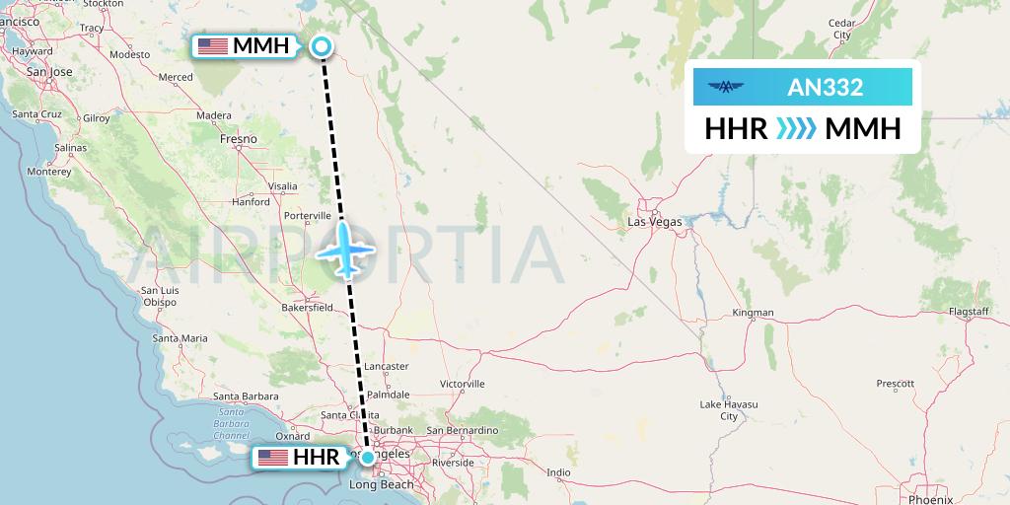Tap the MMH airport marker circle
click(x=322, y=45)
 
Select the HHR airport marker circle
click(x=368, y=457)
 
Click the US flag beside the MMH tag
click(x=212, y=46)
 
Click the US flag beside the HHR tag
click(x=271, y=458)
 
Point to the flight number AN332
click(x=825, y=88)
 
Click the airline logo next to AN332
click(x=727, y=88)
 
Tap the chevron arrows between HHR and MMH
click(x=796, y=129)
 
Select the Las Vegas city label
click(x=654, y=222)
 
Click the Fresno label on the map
click(x=239, y=139)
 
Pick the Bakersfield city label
click(x=307, y=307)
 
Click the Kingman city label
click(x=754, y=313)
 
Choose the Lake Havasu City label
click(x=728, y=410)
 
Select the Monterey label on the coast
click(x=48, y=171)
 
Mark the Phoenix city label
click(x=931, y=499)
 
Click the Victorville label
click(x=462, y=383)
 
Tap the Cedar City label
click(x=841, y=29)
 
